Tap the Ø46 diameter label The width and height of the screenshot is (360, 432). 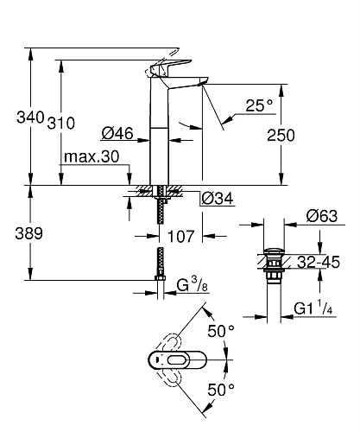click(x=116, y=133)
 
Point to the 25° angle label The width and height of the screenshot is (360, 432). click(x=258, y=105)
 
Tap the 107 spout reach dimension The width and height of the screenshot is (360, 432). click(x=180, y=234)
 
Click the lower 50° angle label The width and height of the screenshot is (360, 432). click(x=220, y=389)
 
